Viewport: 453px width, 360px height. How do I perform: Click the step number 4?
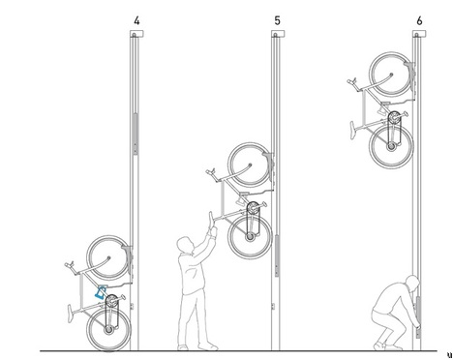coord(136,21)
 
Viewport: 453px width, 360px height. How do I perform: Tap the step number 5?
coord(278,21)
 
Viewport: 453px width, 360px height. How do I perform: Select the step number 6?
coord(419,21)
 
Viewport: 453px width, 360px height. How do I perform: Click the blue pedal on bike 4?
coord(101,291)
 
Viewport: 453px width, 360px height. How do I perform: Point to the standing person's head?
coord(185,245)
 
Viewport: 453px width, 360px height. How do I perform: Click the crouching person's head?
coord(412,283)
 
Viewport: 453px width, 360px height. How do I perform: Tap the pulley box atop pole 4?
coord(136,34)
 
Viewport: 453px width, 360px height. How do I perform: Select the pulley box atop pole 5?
coord(278,34)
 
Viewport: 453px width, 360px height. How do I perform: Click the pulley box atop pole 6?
coord(419,34)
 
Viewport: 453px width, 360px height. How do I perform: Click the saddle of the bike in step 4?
coord(71,313)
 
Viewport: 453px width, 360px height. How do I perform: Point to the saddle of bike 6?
coord(353,130)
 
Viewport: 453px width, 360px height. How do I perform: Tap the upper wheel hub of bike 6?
coord(391,75)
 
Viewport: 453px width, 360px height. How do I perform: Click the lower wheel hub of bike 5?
coord(250,237)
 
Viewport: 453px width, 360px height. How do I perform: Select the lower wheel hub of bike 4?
coord(108,330)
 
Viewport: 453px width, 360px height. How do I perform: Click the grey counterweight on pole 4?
coord(136,134)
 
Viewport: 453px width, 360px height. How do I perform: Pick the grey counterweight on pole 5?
coord(277,255)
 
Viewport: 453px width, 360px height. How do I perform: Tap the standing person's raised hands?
coord(212,224)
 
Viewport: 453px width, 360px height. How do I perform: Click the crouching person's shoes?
coord(388,347)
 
